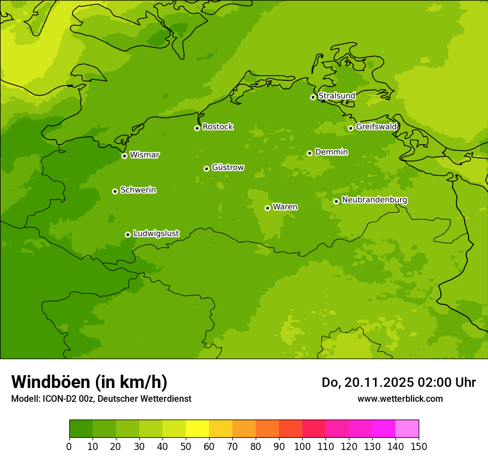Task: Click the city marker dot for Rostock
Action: tap(197, 128)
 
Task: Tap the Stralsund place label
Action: tap(337, 96)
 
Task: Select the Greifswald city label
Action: tap(377, 127)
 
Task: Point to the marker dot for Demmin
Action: tap(309, 153)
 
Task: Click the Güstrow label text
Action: tap(228, 167)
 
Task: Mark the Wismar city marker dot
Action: tap(124, 156)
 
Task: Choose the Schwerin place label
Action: tap(138, 190)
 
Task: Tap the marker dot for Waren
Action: tap(267, 208)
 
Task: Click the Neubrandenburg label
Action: tap(374, 200)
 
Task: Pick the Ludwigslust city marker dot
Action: tap(128, 234)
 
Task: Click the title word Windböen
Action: tap(50, 382)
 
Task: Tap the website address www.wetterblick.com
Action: tap(400, 398)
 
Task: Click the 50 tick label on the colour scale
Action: tap(186, 446)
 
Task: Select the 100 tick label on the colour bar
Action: tap(302, 446)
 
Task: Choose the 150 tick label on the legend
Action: tap(419, 446)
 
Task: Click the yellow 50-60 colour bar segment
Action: tap(197, 429)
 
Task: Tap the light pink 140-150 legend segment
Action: tap(407, 429)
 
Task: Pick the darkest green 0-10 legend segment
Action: tap(81, 429)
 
